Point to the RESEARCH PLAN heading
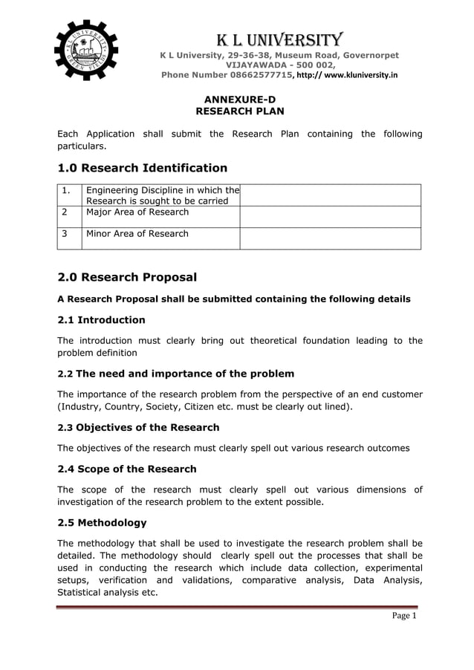point(240,111)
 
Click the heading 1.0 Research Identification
point(143,168)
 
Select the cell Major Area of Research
point(137,212)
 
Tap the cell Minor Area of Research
point(137,233)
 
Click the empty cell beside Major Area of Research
point(330,216)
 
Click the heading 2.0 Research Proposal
point(127,278)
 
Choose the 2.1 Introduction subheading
point(102,320)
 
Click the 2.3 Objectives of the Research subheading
point(139,427)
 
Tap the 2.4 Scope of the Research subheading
point(127,469)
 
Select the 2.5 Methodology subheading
point(103,522)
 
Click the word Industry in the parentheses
point(85,407)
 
